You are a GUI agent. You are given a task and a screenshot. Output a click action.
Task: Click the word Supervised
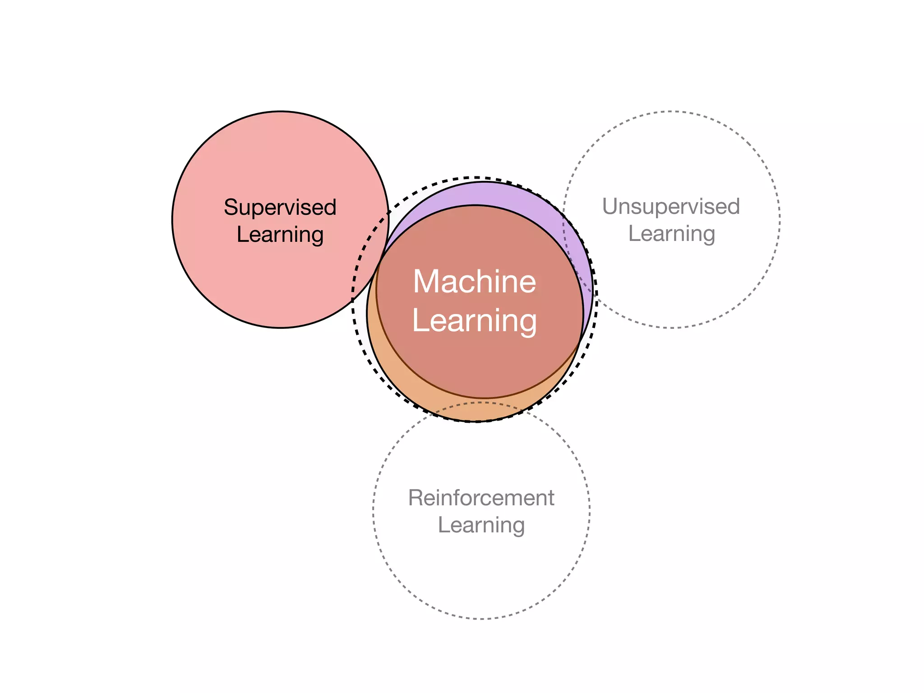click(x=280, y=208)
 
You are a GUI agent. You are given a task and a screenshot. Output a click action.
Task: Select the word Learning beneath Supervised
click(x=280, y=235)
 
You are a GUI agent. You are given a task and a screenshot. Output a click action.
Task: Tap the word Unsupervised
click(x=671, y=207)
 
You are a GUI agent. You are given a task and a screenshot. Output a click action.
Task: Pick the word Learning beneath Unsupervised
click(x=671, y=234)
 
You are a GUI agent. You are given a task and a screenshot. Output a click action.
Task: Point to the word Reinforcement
click(x=481, y=498)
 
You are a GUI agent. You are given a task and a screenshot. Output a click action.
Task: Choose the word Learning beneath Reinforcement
click(x=481, y=525)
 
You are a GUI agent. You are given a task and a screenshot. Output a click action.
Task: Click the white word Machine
click(x=475, y=282)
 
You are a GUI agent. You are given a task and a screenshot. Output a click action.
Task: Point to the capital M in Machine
click(x=426, y=282)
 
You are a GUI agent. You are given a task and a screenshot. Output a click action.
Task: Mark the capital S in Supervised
click(x=231, y=208)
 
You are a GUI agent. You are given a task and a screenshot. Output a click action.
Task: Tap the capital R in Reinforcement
click(x=416, y=498)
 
